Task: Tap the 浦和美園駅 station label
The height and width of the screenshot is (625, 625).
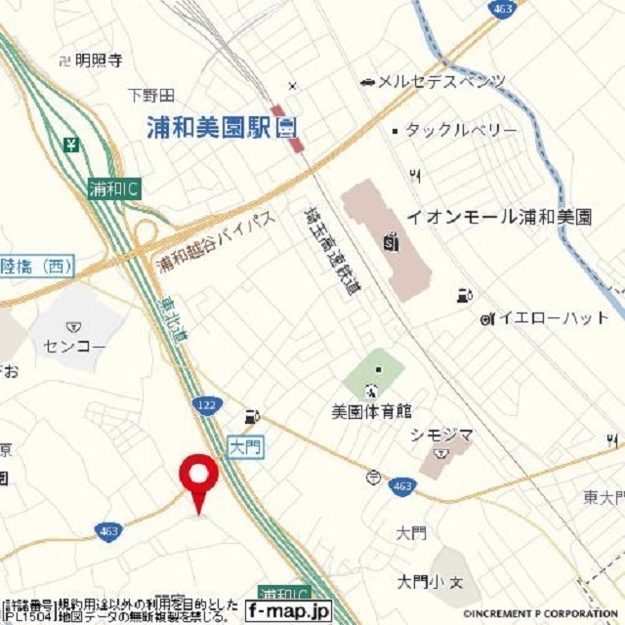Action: (x=210, y=126)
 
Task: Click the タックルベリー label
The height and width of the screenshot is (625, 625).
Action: (x=461, y=130)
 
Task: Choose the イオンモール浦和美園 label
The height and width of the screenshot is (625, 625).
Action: (x=499, y=217)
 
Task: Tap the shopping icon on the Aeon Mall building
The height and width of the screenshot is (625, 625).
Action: (x=391, y=239)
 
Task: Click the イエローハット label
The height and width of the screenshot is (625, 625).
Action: (x=554, y=317)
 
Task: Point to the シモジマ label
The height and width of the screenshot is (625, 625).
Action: (x=441, y=436)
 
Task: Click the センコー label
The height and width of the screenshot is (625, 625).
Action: (x=73, y=346)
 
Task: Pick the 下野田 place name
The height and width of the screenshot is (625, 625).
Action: (x=151, y=95)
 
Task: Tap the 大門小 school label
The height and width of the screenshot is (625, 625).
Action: (x=421, y=582)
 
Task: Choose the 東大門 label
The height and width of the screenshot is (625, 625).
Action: (x=604, y=498)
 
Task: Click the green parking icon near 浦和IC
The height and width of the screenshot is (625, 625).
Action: (x=72, y=146)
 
